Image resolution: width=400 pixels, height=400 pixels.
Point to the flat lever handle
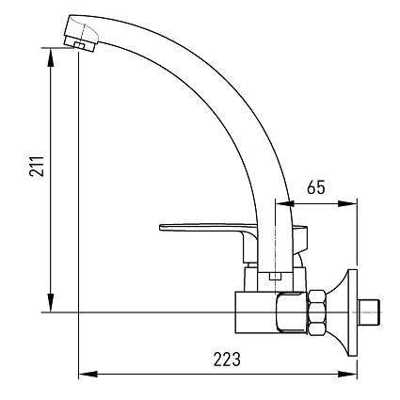coord(203,228)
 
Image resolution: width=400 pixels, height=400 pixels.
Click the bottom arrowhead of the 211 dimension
coord(49,306)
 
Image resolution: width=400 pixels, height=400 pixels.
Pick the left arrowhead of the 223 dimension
coord(84,376)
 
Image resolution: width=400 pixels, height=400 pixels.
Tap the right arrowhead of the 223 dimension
coord(353,376)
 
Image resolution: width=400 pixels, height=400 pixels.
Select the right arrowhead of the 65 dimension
coord(353,201)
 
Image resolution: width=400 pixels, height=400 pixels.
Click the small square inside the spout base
coord(272,275)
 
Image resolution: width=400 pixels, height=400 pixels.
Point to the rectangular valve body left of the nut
coord(255,311)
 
